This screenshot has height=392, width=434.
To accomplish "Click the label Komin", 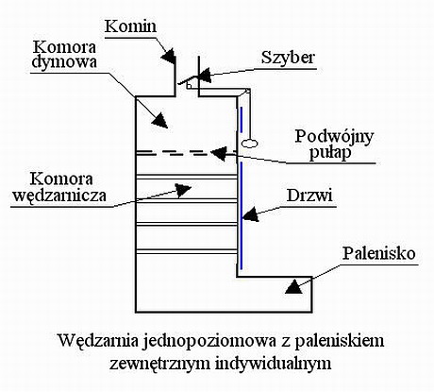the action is click(x=130, y=26).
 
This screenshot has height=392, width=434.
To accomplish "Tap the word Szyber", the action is click(x=288, y=58).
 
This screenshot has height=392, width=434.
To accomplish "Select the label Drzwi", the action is click(x=309, y=196).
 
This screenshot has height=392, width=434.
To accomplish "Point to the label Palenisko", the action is click(x=379, y=253).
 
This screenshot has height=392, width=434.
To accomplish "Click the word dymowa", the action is click(x=64, y=61).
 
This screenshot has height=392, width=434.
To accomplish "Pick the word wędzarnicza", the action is click(x=58, y=196).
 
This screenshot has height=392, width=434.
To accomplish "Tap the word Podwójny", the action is click(x=334, y=137).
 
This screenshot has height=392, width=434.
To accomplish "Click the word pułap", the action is click(x=330, y=153).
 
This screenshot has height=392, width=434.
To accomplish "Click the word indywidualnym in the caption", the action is click(x=274, y=364).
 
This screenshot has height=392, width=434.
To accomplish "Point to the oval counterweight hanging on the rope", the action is click(x=250, y=144).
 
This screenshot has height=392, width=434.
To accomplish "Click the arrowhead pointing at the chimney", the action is click(x=168, y=57).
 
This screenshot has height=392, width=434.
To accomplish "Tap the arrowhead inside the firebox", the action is click(x=293, y=286).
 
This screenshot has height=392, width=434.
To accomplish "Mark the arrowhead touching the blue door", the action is click(x=251, y=214).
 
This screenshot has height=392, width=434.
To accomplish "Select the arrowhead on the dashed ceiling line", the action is click(x=219, y=153).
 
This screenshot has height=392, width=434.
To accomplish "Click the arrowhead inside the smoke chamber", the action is click(x=160, y=120).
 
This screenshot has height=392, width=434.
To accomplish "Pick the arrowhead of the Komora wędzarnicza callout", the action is click(x=183, y=190).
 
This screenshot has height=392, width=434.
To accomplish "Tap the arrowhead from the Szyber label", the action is click(x=205, y=76).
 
